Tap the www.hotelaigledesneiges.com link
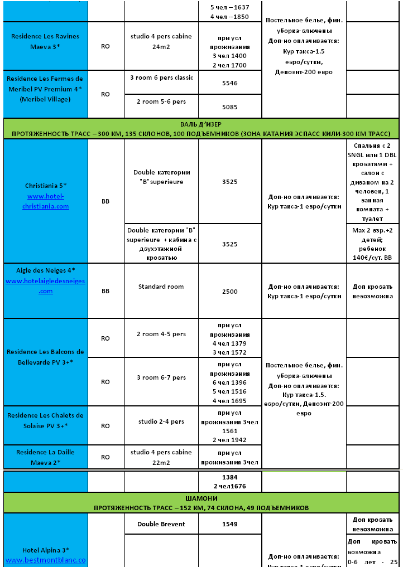[46, 286]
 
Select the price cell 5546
[229, 83]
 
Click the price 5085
[229, 106]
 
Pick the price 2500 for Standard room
[229, 292]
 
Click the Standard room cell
[161, 287]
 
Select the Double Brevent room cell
[161, 524]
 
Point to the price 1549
[229, 524]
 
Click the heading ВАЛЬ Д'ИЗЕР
[201, 124]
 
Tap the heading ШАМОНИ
[201, 498]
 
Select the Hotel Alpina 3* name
[46, 550]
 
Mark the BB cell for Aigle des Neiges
[105, 291]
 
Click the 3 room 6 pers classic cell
[161, 77]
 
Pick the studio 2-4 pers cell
[161, 421]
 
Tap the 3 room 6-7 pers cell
[161, 377]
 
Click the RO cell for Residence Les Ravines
[105, 46]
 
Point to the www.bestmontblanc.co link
[46, 559]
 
